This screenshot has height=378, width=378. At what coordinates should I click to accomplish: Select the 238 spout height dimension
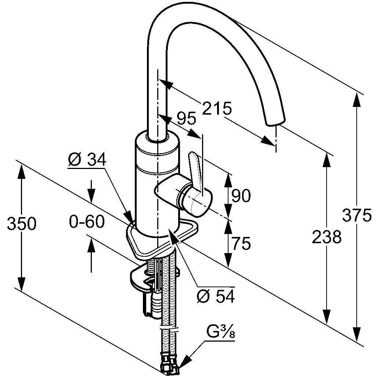[327, 237]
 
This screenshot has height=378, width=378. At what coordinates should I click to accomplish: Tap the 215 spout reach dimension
[217, 109]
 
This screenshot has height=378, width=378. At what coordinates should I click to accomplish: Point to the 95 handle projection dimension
[186, 119]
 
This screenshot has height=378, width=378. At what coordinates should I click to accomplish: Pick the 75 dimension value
[241, 243]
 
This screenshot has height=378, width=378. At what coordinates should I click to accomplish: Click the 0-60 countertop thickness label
[87, 222]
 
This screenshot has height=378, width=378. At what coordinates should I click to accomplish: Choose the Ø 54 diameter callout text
[216, 296]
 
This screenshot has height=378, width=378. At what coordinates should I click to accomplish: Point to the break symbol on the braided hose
[170, 330]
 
